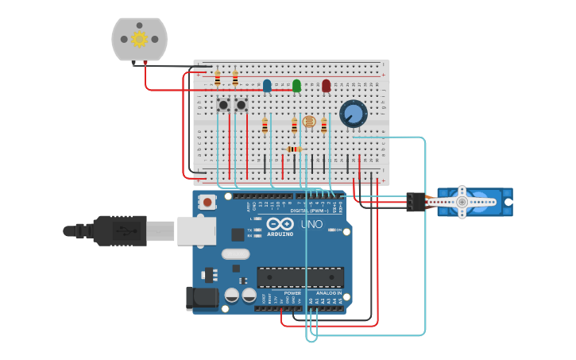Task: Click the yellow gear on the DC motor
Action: tap(140, 39)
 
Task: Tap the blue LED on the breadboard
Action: tap(267, 85)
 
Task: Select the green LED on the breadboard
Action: tap(296, 85)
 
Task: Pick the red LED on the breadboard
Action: tap(326, 85)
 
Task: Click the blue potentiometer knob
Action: tap(354, 114)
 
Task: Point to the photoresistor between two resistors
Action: tap(309, 122)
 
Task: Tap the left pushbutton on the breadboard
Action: tap(224, 105)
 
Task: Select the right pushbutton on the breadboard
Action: tap(242, 105)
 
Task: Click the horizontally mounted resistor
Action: tap(294, 149)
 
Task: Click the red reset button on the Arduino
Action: tap(207, 202)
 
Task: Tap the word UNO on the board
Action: tap(311, 225)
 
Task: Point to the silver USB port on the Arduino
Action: tap(196, 230)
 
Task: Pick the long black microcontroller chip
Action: tap(300, 277)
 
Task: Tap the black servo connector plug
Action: tap(415, 202)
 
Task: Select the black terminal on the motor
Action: tap(133, 63)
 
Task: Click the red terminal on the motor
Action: tap(145, 63)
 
